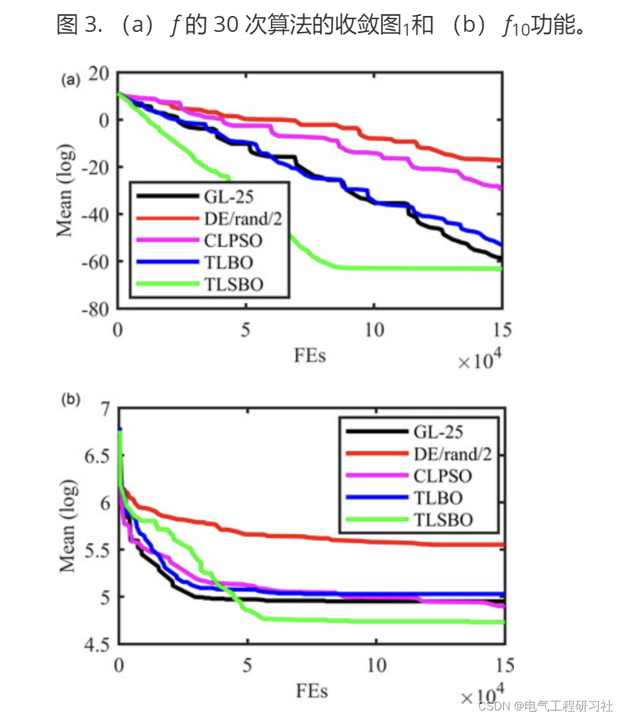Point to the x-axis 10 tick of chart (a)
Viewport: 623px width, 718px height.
coord(374,330)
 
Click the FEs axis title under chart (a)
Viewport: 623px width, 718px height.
coord(310,355)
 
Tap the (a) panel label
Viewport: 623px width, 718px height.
coord(70,80)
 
